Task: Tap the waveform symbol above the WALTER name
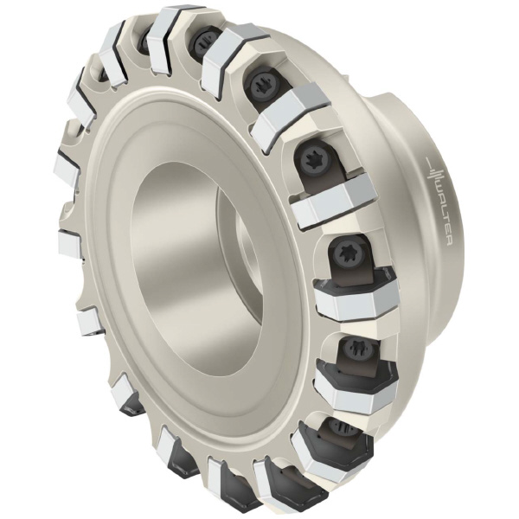coord(432,169)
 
